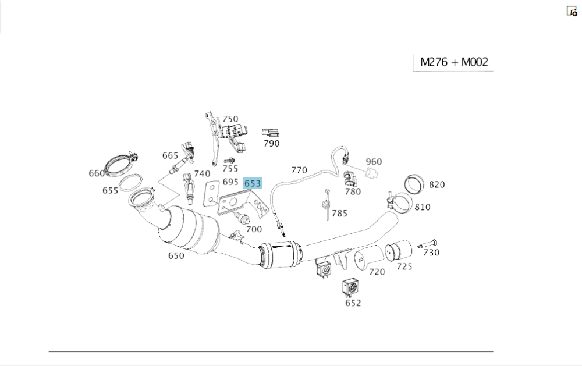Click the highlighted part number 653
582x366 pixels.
click(253, 183)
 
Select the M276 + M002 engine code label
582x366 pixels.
click(453, 62)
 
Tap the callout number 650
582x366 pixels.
click(176, 255)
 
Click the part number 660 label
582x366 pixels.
click(97, 173)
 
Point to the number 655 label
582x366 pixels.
click(111, 190)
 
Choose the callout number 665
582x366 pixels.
click(170, 155)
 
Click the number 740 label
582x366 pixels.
click(202, 173)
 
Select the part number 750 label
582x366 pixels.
click(230, 119)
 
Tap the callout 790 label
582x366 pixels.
click(271, 144)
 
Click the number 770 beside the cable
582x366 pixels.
click(299, 170)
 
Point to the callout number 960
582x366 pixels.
click(374, 161)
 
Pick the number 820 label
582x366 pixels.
click(436, 184)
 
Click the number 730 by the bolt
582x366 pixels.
click(431, 253)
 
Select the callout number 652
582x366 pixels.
click(353, 303)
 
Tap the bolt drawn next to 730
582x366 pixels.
click(427, 243)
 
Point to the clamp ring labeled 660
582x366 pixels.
click(119, 165)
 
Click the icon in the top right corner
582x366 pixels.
click(572, 11)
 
